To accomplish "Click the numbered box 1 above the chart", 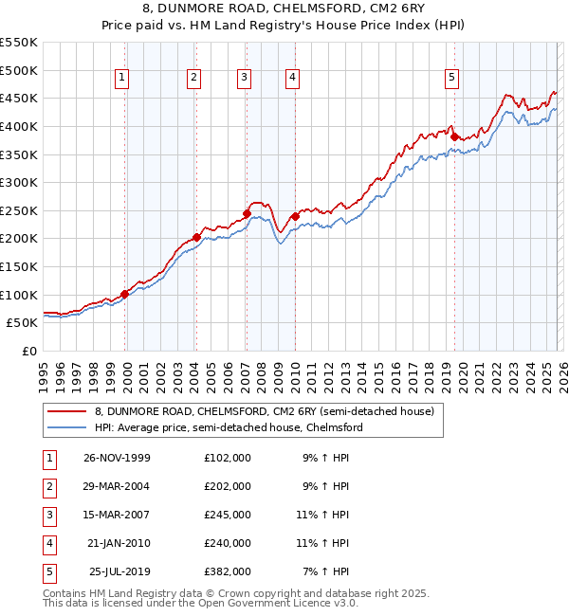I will point(123,79).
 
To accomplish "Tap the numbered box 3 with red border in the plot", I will point(244,79).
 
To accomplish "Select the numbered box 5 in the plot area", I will point(451,79).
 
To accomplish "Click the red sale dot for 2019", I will point(454,136).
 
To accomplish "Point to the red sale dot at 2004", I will point(196,238).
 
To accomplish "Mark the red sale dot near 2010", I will point(295,216).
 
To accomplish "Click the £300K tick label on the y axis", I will point(19,182).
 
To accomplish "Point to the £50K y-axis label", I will point(23,323).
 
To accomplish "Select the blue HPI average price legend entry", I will point(229,427).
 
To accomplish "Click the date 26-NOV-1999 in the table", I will point(117,458).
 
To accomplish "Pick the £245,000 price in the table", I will point(227,515).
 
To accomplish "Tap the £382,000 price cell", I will point(227,571).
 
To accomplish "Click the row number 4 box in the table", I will point(46,543).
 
